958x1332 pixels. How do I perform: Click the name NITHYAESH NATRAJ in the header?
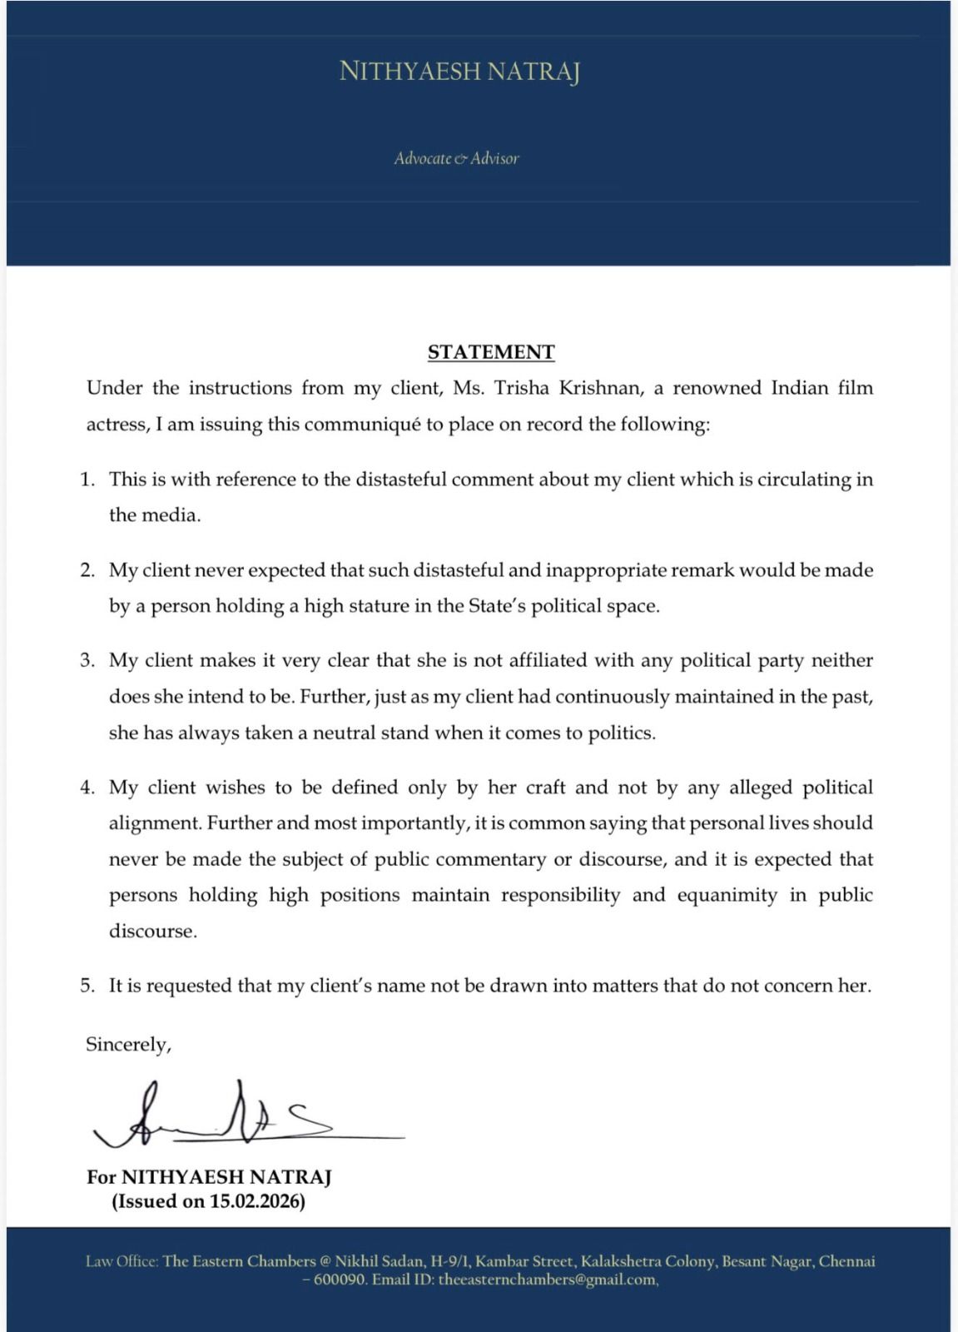[x=459, y=72]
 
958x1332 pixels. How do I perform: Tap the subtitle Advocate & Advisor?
[x=456, y=158]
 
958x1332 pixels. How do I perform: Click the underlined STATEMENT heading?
[x=491, y=352]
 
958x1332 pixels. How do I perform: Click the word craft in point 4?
[x=545, y=788]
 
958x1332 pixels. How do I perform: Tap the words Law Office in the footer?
[x=122, y=1261]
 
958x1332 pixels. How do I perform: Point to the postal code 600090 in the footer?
[x=339, y=1280]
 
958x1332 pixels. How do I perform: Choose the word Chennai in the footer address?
[x=846, y=1261]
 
